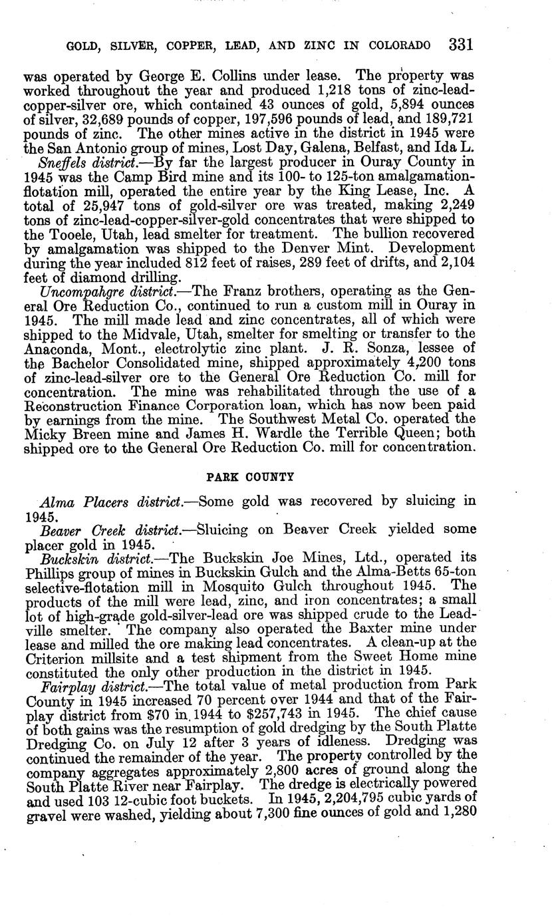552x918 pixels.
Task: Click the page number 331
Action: [x=460, y=45]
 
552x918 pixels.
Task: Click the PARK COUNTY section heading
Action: [x=250, y=476]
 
